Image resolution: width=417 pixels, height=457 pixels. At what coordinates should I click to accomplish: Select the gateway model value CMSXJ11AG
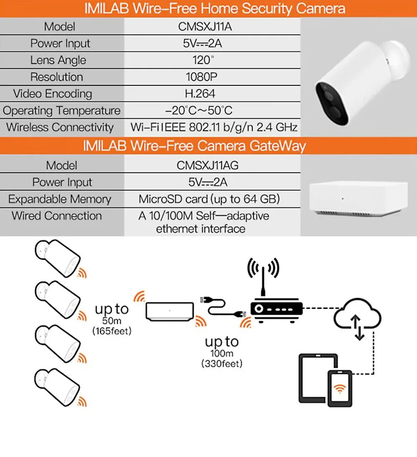point(207,165)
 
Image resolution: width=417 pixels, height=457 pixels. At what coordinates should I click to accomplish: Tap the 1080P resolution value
point(201,77)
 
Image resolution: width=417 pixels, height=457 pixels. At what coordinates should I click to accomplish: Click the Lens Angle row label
point(58,60)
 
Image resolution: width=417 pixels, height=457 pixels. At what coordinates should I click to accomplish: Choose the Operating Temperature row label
point(61,111)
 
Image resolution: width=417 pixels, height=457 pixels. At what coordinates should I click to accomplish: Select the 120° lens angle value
point(202,60)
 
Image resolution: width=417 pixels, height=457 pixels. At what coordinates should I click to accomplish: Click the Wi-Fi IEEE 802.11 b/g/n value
point(214,127)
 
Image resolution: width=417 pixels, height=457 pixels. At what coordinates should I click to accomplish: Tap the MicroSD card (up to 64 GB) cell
point(209,199)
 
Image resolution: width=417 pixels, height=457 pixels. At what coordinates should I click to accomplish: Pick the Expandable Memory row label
point(60,199)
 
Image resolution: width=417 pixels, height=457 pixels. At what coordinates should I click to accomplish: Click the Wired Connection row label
point(57,216)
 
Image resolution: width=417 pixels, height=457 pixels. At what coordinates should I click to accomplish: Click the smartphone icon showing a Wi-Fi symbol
point(340,388)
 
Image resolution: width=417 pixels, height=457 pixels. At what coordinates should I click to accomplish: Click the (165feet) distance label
point(112,331)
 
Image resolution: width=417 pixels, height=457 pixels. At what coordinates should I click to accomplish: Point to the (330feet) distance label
point(221,364)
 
